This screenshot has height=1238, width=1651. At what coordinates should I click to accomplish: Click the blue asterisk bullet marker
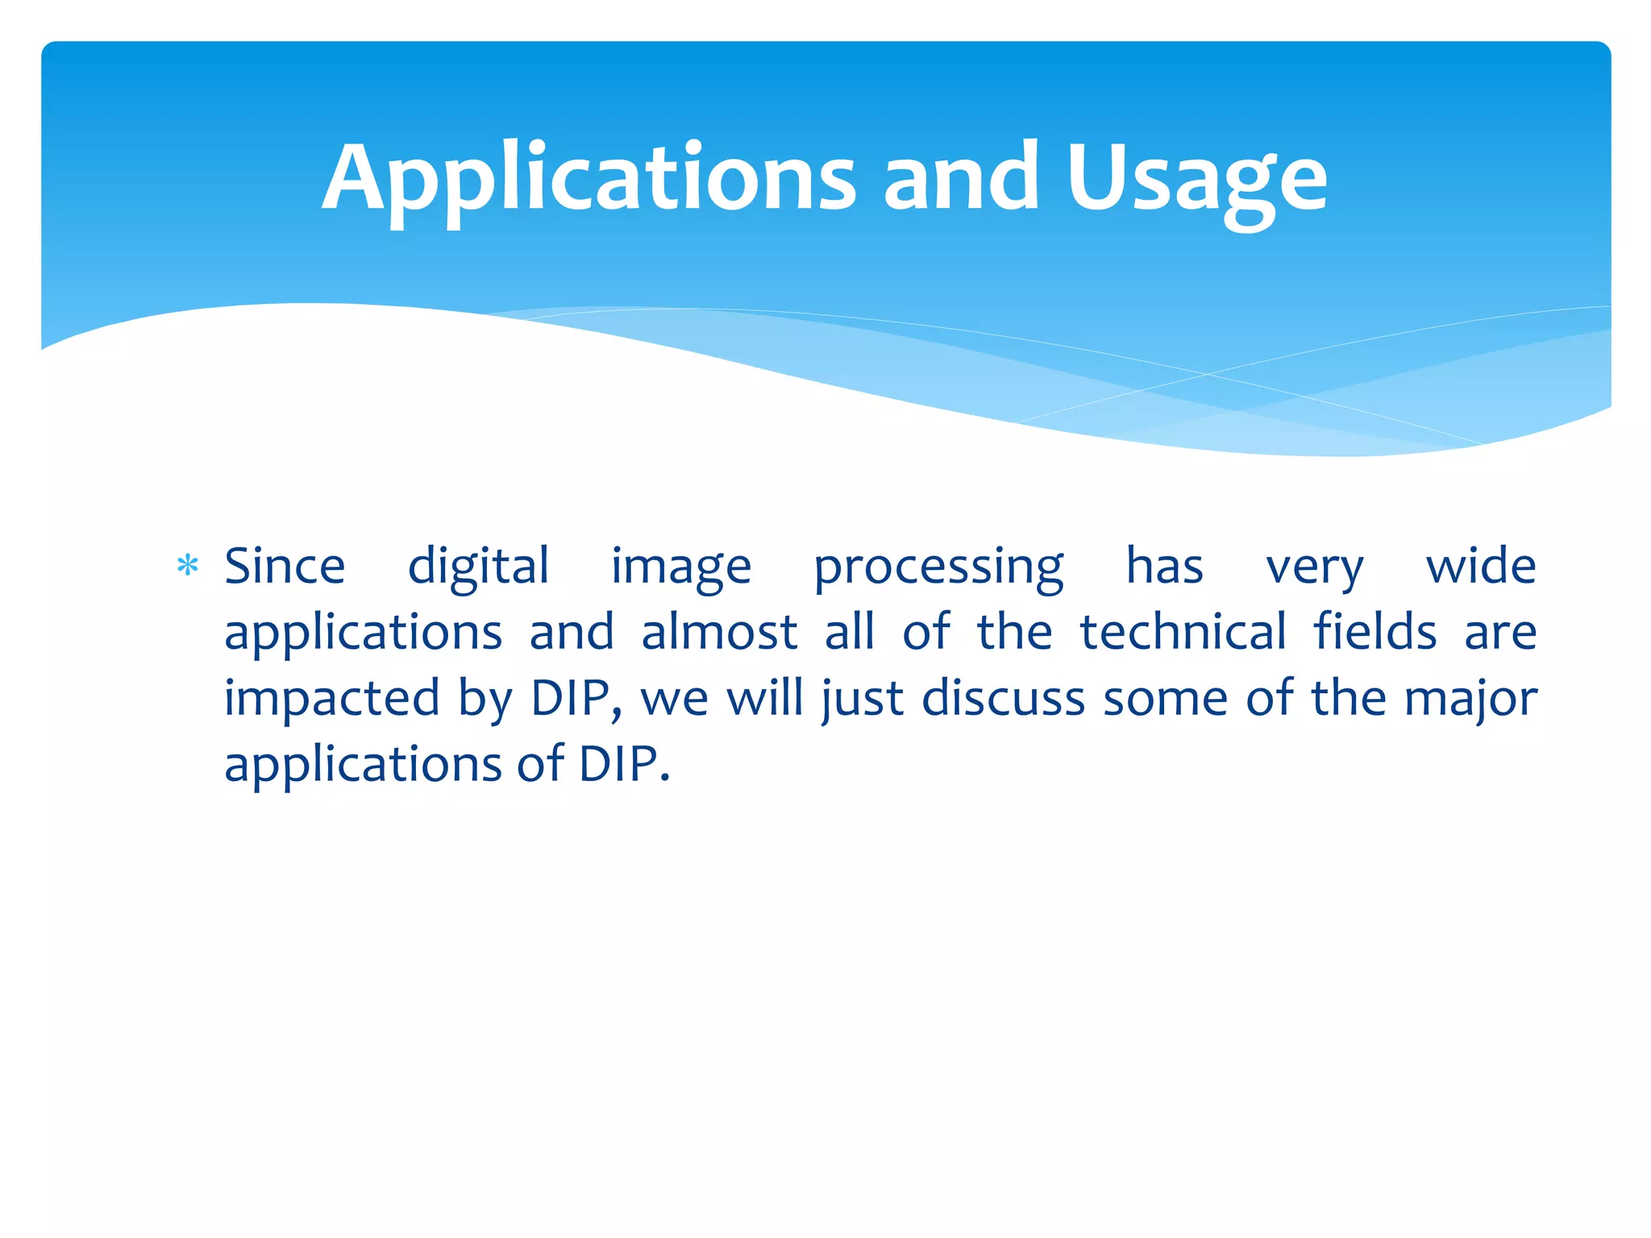pos(188,567)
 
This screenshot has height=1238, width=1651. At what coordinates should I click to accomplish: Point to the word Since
pos(285,567)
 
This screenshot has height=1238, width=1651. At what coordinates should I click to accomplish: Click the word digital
pos(478,567)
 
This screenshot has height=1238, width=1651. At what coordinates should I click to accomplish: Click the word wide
pos(1481,567)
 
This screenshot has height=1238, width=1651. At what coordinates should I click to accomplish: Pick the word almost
pos(719,633)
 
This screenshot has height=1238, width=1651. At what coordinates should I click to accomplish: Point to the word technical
pos(1183,633)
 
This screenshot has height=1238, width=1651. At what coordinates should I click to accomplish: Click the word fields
pos(1375,633)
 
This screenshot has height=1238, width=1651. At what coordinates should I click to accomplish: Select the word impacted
pos(331,699)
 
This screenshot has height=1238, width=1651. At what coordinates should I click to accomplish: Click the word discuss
pos(1003,699)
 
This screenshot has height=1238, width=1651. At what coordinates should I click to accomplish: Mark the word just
pos(863,699)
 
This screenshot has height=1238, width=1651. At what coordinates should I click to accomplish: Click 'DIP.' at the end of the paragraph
pos(624,765)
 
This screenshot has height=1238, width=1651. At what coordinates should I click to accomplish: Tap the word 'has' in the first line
pos(1164,567)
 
